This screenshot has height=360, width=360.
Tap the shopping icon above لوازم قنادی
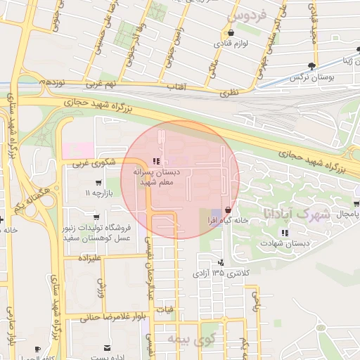coord(229,32)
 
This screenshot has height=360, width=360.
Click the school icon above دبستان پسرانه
coord(155,161)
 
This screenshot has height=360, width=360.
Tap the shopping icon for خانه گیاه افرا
coord(227,210)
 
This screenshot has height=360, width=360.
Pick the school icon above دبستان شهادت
coord(284,233)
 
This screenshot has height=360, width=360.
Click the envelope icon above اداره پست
coord(107,348)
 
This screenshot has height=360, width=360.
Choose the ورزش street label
coord(100,288)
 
